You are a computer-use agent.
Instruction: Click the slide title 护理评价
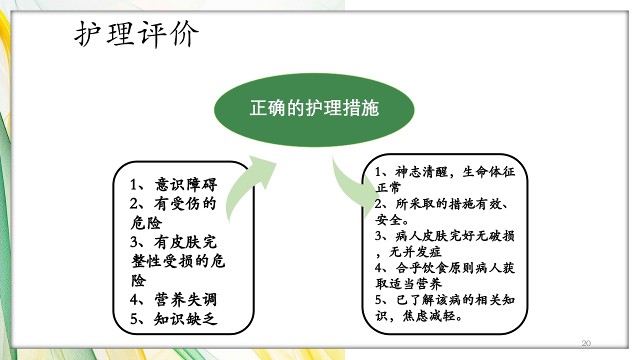click(136, 34)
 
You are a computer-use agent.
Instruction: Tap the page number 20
click(586, 343)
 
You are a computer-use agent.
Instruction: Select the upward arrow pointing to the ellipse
click(250, 185)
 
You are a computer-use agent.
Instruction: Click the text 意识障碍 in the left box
click(186, 184)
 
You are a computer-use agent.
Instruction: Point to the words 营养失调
click(185, 299)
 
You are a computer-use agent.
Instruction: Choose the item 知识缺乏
click(185, 318)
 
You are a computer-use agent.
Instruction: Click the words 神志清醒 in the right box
click(418, 172)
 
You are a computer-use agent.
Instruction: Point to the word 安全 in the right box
click(388, 219)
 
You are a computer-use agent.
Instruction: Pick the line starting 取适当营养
click(409, 283)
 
